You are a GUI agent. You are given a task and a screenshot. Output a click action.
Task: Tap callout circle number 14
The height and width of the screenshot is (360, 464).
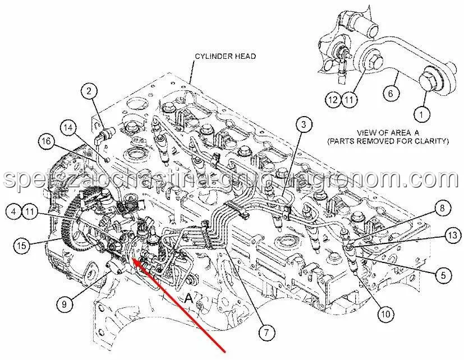68,128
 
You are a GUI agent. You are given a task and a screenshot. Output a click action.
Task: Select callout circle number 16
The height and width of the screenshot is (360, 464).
47,141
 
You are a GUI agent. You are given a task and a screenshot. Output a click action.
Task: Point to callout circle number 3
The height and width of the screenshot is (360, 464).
304,125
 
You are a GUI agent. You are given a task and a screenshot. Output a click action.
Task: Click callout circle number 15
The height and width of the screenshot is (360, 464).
22,245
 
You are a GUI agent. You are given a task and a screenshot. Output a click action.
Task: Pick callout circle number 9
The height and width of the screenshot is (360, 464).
64,304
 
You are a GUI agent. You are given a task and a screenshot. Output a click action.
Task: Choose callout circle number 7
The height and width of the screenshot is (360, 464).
267,333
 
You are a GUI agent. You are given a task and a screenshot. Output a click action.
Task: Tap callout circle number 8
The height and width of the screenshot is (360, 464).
442,208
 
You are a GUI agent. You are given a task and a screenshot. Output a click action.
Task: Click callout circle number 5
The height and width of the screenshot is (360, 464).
443,275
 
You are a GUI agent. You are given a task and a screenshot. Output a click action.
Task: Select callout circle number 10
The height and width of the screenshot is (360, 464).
386,314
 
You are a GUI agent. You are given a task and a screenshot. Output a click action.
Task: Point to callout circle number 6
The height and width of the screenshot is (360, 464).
391,94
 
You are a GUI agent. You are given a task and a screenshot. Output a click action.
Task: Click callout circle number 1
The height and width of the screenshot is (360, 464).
421,114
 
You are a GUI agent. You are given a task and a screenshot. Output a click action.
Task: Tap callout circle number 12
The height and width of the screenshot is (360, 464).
334,99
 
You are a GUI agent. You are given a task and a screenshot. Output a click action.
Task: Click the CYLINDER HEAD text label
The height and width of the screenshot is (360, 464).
225,56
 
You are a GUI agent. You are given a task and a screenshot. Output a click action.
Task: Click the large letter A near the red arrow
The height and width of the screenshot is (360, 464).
189,298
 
